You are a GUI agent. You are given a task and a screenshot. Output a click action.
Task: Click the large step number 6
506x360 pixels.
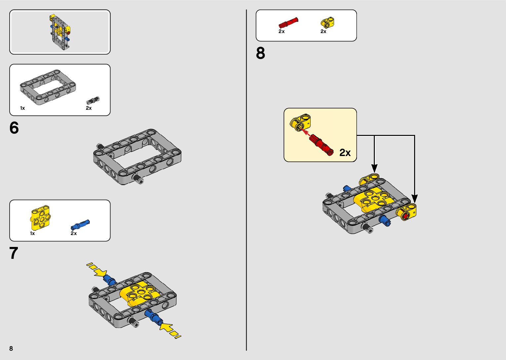(14, 128)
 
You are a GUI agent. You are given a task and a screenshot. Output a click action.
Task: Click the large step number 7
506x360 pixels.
(14, 253)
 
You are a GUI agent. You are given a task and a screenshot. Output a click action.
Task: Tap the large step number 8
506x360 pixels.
(260, 53)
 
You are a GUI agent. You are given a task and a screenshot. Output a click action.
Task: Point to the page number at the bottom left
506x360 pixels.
(11, 348)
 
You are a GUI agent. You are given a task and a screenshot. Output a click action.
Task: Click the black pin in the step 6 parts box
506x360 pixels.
(93, 100)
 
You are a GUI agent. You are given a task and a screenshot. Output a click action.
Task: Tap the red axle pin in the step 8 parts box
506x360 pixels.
(288, 23)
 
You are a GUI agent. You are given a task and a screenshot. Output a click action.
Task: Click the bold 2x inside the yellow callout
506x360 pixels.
(345, 152)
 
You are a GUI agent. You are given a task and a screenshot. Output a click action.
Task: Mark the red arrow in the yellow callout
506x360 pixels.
(305, 133)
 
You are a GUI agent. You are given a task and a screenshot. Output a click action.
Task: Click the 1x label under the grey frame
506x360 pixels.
(22, 108)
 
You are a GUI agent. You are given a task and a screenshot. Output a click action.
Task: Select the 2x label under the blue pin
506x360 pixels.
(74, 233)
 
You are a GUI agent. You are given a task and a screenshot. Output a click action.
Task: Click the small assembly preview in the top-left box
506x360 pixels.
(60, 32)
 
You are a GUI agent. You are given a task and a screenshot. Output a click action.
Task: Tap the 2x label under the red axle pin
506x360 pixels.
(282, 31)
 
